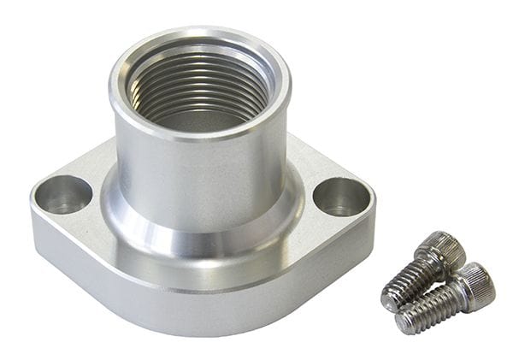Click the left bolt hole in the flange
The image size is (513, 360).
pos(62,195)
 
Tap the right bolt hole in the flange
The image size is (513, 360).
pos(341,197)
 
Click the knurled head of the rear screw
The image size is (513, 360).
pos(439,247)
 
